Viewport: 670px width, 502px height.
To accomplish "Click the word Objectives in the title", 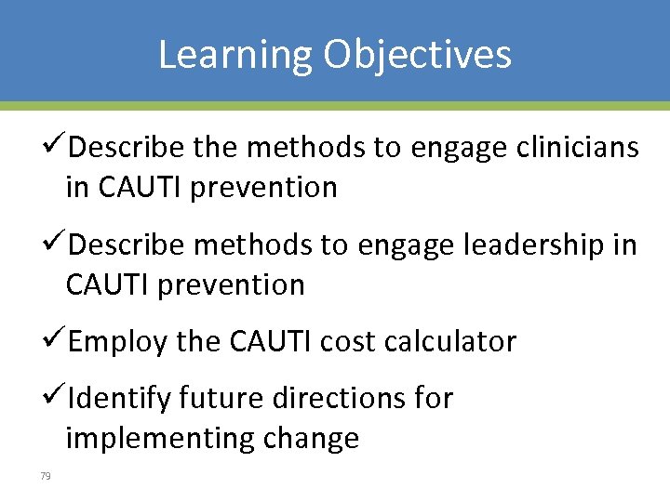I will pyautogui.click(x=418, y=54).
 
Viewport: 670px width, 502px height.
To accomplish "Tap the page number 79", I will pyautogui.click(x=46, y=476).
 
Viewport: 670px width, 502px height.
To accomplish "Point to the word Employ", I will pyautogui.click(x=118, y=342).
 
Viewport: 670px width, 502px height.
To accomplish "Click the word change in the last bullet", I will pyautogui.click(x=315, y=438).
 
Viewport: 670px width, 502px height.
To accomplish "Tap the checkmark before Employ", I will pyautogui.click(x=56, y=340).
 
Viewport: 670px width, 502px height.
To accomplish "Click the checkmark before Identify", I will pyautogui.click(x=56, y=397).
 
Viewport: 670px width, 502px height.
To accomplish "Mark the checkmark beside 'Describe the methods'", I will pyautogui.click(x=56, y=147).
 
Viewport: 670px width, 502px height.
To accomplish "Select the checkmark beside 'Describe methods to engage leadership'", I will pyautogui.click(x=56, y=244).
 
